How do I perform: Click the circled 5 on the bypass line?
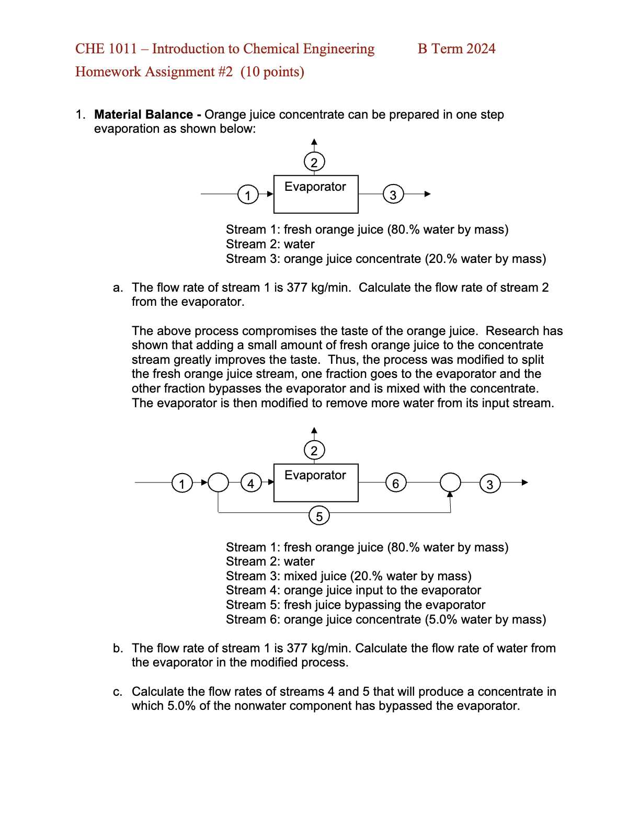(319, 516)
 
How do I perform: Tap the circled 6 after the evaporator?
(395, 483)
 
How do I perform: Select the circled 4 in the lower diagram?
(251, 483)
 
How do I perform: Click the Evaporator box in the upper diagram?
(316, 194)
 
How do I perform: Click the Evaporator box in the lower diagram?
(316, 483)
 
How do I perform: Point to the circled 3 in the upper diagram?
(393, 194)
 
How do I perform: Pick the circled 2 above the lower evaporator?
(314, 451)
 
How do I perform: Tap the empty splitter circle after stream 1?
(219, 482)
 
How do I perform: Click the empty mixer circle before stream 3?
(450, 482)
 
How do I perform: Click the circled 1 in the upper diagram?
(248, 195)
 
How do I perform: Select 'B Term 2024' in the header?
(456, 49)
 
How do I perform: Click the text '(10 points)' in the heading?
(272, 72)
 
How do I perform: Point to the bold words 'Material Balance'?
(144, 114)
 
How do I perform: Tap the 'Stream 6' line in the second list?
(385, 619)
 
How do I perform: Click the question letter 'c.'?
(118, 692)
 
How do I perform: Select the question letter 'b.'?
(118, 648)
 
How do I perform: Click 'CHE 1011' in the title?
(106, 49)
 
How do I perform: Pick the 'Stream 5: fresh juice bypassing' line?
(356, 605)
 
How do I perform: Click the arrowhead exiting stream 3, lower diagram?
(524, 482)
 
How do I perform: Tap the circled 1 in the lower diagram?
(182, 483)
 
